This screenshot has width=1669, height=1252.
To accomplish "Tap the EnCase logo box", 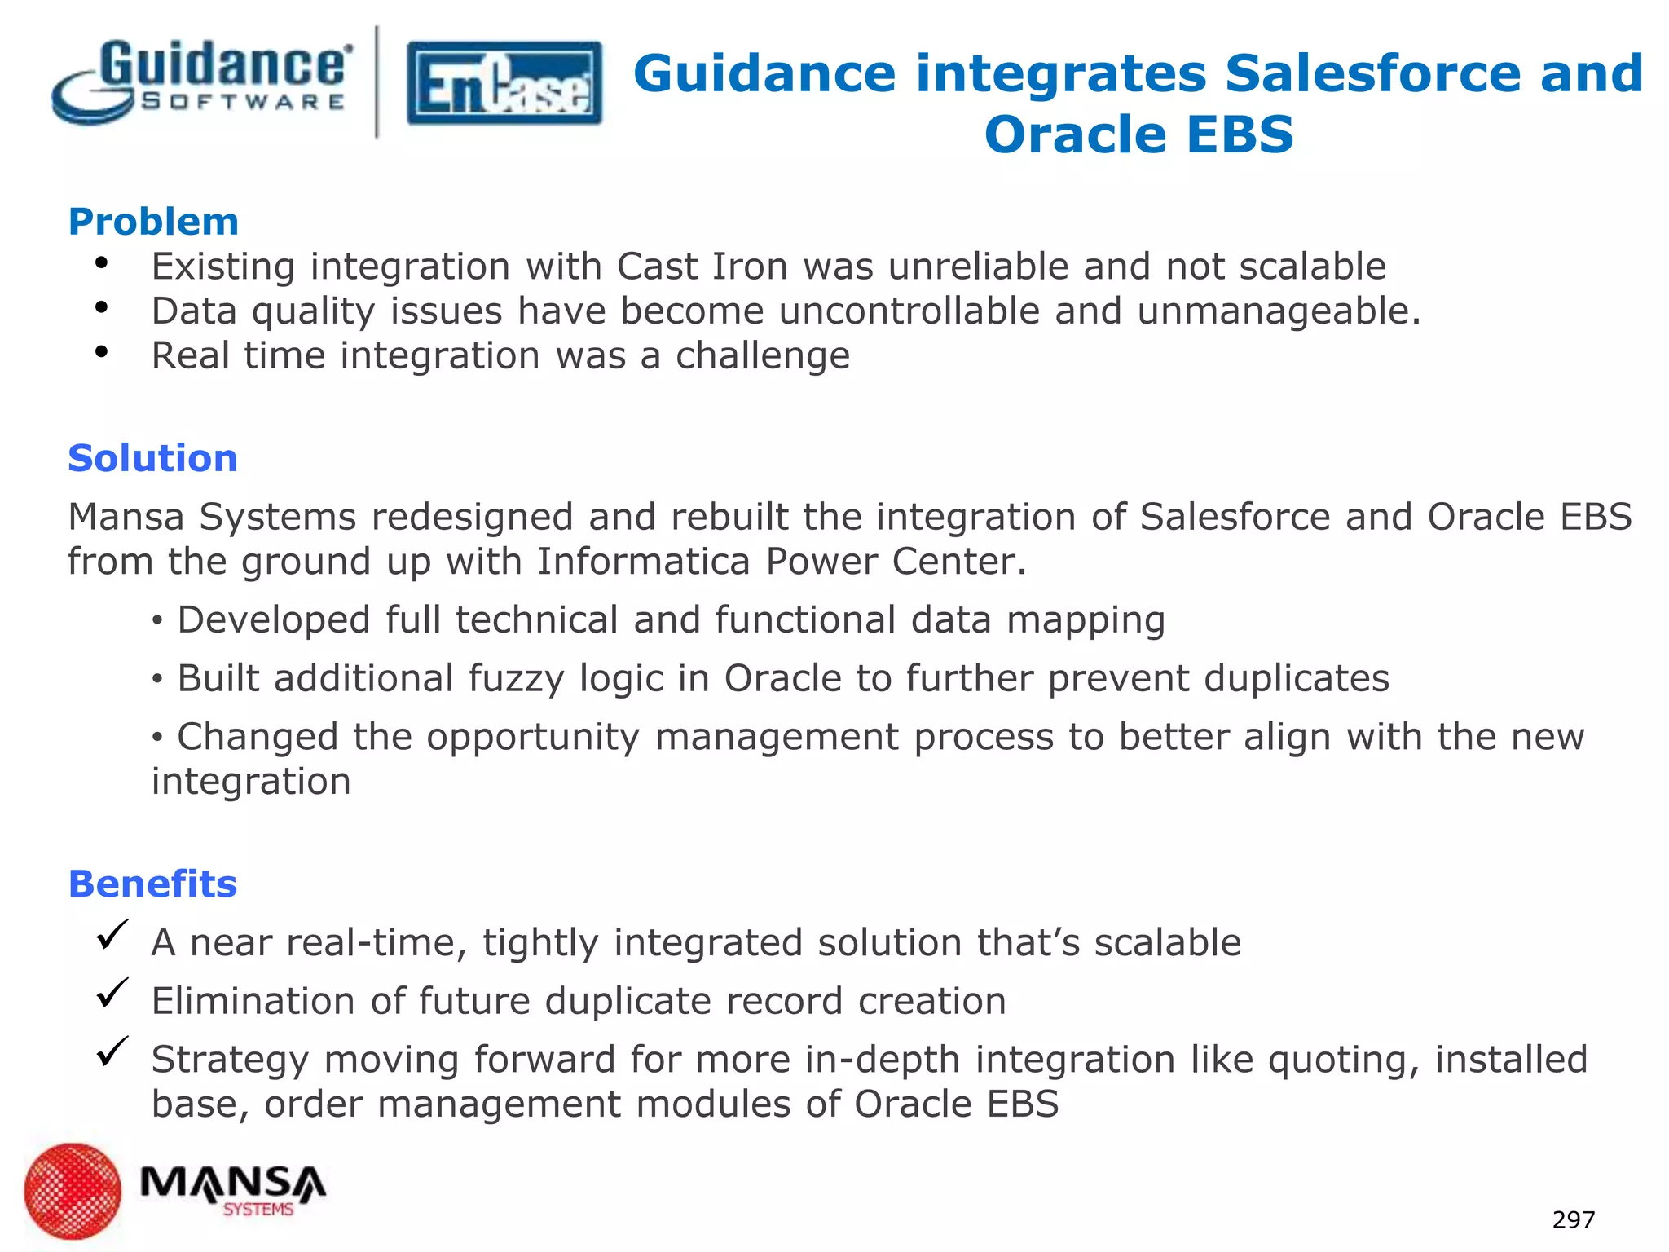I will click(504, 83).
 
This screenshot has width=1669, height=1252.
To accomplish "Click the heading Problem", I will click(153, 222).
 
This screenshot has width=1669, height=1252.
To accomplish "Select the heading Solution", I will click(152, 458).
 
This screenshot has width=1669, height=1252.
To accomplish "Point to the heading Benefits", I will click(152, 884).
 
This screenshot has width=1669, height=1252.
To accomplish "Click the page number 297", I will click(1573, 1220).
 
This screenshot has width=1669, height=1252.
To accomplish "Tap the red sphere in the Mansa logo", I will click(73, 1191).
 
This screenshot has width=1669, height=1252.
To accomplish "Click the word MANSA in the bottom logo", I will click(232, 1183).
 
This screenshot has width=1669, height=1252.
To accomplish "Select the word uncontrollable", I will click(909, 311).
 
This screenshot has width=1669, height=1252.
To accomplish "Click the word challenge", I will click(762, 356).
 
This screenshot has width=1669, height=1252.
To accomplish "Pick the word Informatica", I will click(643, 562).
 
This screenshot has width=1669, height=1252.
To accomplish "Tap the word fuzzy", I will click(515, 678).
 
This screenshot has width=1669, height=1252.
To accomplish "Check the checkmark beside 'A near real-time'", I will click(112, 935).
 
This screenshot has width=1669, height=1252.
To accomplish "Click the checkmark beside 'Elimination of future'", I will click(112, 993).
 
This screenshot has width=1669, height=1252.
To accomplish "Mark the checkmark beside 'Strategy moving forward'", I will click(112, 1051).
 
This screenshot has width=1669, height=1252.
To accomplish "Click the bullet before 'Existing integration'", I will click(101, 262).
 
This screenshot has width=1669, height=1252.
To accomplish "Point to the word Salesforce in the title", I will click(1373, 73).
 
